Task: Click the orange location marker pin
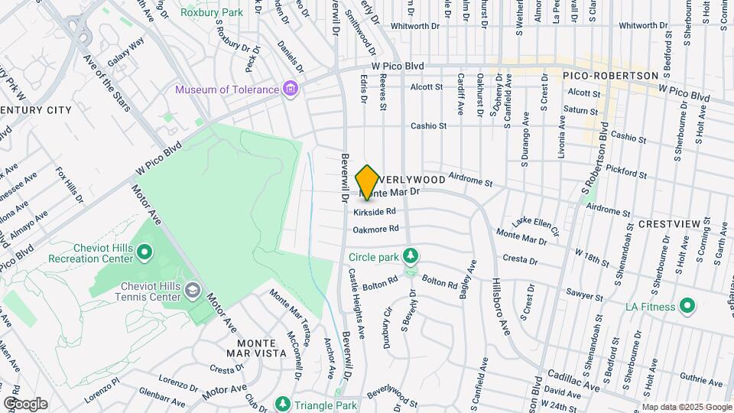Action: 368,182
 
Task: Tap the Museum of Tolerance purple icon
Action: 290,89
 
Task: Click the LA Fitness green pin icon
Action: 687,307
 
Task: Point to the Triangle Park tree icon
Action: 283,404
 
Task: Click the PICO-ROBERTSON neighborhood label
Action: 610,76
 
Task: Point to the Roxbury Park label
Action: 210,12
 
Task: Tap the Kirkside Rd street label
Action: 379,211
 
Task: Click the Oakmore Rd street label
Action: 376,229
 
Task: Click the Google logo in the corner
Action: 25,403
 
